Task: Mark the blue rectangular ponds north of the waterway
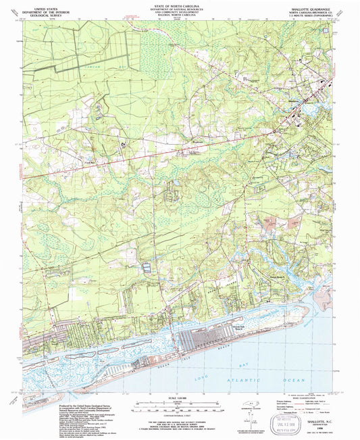[x=146, y=269]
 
